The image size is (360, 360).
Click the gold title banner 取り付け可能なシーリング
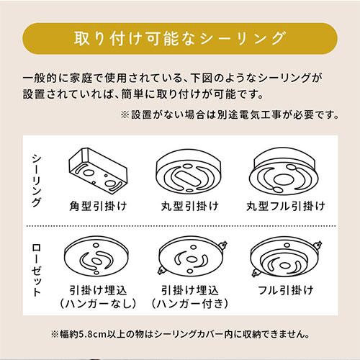[179, 37]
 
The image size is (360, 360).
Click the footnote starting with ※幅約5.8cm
[180, 335]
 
